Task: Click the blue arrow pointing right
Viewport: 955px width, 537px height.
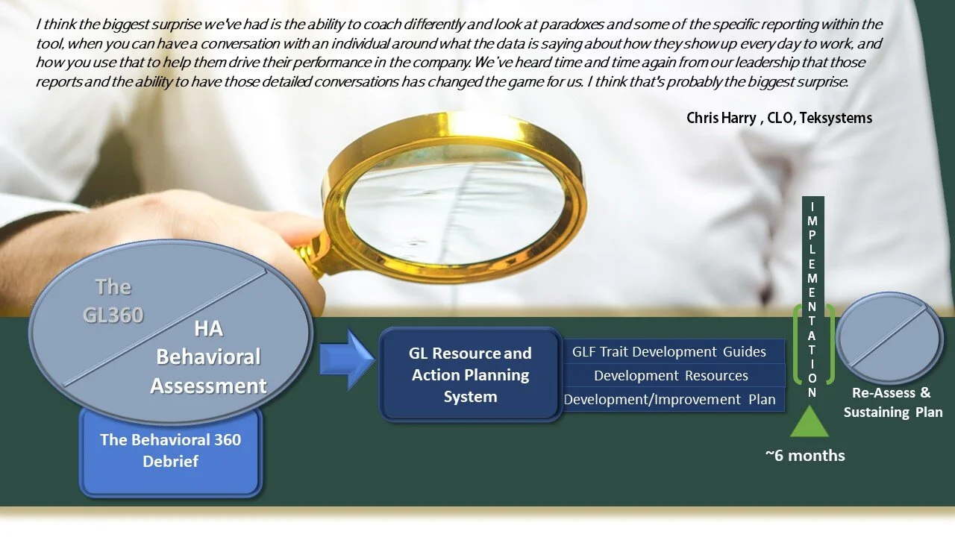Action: point(347,359)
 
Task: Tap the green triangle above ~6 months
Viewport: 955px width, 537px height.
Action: point(810,421)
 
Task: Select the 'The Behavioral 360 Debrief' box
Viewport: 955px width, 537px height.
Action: point(171,452)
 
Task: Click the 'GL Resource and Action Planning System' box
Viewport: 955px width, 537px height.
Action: point(470,374)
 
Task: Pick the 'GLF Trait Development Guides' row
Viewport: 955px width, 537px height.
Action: point(674,351)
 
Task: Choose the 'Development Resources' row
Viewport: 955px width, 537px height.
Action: point(674,375)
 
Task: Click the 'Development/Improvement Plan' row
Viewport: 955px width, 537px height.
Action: point(674,399)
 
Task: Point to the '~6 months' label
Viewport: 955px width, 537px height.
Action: point(805,456)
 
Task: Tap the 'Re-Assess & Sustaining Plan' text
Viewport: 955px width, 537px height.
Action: point(893,402)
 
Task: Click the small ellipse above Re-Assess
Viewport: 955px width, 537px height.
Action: point(889,338)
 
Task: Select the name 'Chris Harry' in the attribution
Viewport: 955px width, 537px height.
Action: point(721,118)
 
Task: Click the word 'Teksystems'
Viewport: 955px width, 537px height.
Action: point(836,118)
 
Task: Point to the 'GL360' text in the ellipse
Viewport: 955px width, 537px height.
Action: point(113,315)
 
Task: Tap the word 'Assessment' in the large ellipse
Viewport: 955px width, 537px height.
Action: point(208,386)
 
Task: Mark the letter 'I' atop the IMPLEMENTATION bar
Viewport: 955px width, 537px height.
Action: point(812,207)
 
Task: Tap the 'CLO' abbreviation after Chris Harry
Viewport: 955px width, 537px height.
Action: point(780,118)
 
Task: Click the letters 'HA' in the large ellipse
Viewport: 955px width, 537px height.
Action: point(208,329)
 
